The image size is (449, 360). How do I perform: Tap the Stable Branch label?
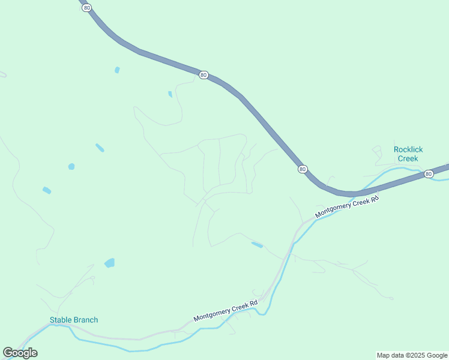pyautogui.click(x=73, y=320)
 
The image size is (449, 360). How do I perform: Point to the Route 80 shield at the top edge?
pyautogui.click(x=88, y=7)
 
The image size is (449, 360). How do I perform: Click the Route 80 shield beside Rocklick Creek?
pyautogui.click(x=428, y=174)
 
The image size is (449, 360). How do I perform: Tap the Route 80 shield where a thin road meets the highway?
pyautogui.click(x=203, y=75)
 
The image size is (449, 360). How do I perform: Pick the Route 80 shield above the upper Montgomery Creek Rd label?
pyautogui.click(x=303, y=169)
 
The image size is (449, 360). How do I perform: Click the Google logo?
pyautogui.click(x=20, y=353)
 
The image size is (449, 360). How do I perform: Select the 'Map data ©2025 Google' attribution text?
pyautogui.click(x=412, y=355)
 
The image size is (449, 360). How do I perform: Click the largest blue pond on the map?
pyautogui.click(x=109, y=263)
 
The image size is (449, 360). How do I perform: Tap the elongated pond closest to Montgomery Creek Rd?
pyautogui.click(x=257, y=244)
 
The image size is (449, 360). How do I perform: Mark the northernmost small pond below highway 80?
pyautogui.click(x=117, y=70)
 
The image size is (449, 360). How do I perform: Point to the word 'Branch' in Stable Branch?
pyautogui.click(x=85, y=320)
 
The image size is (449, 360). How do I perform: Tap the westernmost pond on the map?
pyautogui.click(x=47, y=190)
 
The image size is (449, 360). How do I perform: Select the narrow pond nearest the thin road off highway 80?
pyautogui.click(x=170, y=94)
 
